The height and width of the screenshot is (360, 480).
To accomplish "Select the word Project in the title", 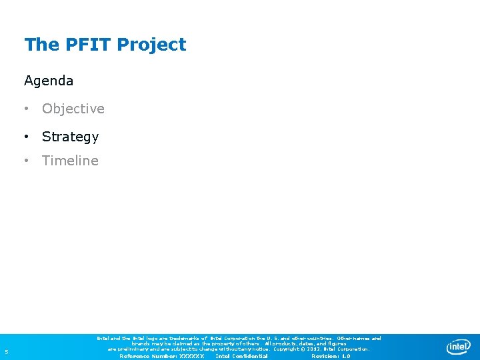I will tap(151, 45).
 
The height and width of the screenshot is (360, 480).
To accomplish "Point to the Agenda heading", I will tap(49, 81).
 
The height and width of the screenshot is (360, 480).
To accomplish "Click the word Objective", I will tap(73, 109).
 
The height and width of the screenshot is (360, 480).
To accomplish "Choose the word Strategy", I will tap(70, 137).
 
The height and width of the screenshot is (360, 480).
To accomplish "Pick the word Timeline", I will tap(70, 161).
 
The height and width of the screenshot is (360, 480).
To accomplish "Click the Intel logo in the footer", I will tap(458, 347).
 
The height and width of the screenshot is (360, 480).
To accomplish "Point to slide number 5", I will tap(6, 352).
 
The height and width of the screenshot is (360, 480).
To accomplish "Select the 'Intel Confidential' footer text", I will tap(241, 356).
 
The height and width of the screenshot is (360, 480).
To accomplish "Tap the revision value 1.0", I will tap(345, 356).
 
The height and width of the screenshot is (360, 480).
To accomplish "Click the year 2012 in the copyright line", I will tap(316, 349).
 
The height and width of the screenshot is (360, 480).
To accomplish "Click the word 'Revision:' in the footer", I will tap(325, 356).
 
